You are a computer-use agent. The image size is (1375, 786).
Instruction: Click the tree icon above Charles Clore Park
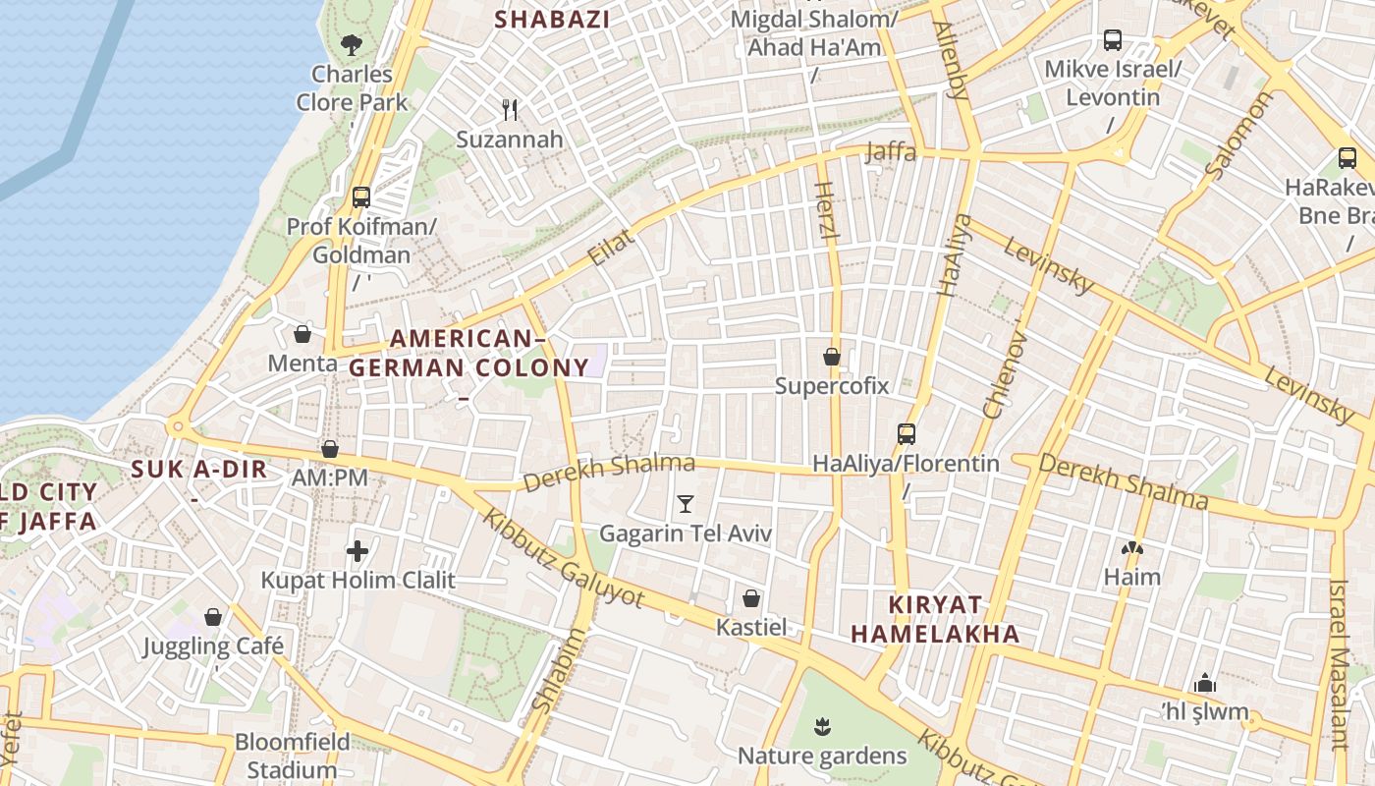351,44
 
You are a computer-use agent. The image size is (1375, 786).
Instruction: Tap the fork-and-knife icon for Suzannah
509,109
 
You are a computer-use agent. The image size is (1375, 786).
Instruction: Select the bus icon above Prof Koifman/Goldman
360,196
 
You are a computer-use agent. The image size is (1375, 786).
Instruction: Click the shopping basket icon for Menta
302,334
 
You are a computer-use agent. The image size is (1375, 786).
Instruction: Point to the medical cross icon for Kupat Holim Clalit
357,551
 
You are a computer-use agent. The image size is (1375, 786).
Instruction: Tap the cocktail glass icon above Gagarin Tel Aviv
686,504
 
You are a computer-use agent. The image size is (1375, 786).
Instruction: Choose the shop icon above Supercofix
832,357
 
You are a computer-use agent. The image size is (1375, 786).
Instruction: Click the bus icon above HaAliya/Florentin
906,433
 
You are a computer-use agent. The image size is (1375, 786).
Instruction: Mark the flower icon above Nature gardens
822,727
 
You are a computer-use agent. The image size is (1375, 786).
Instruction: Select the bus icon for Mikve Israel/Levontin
1112,40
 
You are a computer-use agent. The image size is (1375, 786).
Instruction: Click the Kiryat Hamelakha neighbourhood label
935,619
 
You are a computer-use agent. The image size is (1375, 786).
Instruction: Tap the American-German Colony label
468,354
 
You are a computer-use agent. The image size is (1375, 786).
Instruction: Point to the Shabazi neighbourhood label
551,19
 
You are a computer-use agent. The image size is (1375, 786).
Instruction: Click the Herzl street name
825,212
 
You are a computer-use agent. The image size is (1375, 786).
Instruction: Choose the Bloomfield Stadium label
292,755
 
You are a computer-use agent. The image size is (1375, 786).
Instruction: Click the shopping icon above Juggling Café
213,617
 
